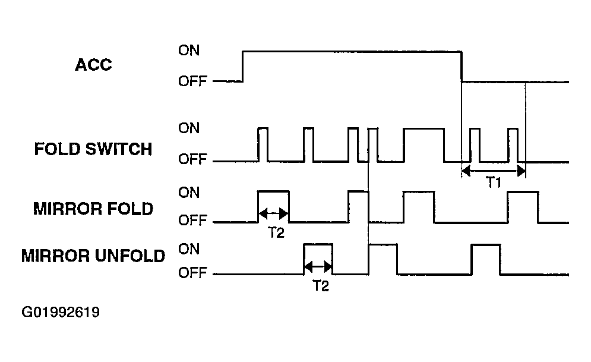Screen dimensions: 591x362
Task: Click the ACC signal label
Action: pyautogui.click(x=93, y=65)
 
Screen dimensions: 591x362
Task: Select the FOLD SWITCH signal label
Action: pyautogui.click(x=93, y=149)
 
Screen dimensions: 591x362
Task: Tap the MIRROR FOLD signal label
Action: pyautogui.click(x=93, y=209)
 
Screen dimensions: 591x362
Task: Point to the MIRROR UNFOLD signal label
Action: pyautogui.click(x=93, y=256)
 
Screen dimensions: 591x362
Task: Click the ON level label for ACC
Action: pyautogui.click(x=189, y=50)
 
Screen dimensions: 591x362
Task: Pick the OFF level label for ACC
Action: pyautogui.click(x=192, y=81)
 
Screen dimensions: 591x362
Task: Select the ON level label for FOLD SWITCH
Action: pyautogui.click(x=189, y=128)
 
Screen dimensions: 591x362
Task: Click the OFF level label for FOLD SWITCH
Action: pyautogui.click(x=192, y=159)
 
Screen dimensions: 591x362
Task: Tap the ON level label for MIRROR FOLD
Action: pyautogui.click(x=189, y=193)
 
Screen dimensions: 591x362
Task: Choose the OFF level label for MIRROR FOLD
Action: pyautogui.click(x=192, y=220)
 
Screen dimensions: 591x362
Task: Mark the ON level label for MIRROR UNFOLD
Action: pyautogui.click(x=189, y=249)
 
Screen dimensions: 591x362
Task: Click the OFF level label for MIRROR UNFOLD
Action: pyautogui.click(x=192, y=272)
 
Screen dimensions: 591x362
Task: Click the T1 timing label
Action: pyautogui.click(x=494, y=182)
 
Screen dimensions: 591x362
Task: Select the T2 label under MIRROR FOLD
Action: pyautogui.click(x=276, y=232)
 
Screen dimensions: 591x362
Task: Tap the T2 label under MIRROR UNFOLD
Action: pyautogui.click(x=321, y=286)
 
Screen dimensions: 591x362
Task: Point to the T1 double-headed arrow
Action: pyautogui.click(x=494, y=171)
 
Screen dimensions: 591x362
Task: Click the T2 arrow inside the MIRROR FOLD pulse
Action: pyautogui.click(x=274, y=213)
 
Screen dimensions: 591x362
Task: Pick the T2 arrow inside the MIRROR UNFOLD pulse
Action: pyautogui.click(x=318, y=267)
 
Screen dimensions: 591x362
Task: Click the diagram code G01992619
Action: pyautogui.click(x=61, y=312)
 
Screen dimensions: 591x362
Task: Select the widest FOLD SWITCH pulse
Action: pyautogui.click(x=424, y=129)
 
